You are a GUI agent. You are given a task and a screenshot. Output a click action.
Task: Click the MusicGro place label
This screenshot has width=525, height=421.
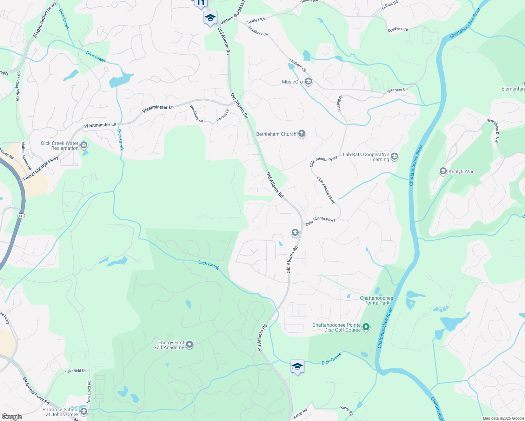(x=292, y=82)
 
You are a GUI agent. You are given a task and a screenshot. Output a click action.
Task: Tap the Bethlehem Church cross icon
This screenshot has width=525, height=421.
(x=302, y=134)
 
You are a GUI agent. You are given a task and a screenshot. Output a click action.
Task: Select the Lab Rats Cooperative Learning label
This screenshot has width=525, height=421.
(x=366, y=157)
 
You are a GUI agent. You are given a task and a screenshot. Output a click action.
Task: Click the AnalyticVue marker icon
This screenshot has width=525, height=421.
(x=443, y=172)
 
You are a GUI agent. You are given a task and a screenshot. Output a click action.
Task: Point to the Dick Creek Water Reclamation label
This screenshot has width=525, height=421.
(x=60, y=146)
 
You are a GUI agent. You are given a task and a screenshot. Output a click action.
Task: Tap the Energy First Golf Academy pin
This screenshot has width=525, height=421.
(x=190, y=345)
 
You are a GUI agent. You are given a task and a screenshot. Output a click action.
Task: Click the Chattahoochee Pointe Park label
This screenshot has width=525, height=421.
(x=377, y=300)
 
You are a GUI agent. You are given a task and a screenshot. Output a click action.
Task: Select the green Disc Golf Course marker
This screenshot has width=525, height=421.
(x=366, y=327)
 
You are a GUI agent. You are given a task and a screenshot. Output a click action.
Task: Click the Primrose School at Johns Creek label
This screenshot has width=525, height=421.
(x=60, y=412)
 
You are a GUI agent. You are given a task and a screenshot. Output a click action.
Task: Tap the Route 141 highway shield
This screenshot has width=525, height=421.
(x=21, y=215)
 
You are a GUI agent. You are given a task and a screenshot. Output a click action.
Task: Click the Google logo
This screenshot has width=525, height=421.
(x=12, y=417)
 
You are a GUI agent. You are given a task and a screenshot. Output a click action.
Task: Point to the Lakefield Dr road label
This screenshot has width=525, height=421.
(x=75, y=371)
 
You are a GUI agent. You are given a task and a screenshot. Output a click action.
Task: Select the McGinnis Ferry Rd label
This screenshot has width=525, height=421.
(x=36, y=390)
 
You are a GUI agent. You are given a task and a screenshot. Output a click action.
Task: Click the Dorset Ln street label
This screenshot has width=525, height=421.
(x=222, y=115)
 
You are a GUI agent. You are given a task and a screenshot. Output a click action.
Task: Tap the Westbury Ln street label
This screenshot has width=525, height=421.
(x=197, y=113)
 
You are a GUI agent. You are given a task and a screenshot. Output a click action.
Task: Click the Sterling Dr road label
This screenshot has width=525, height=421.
(x=339, y=103)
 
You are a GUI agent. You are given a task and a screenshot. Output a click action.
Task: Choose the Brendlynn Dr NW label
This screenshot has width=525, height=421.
(x=493, y=131)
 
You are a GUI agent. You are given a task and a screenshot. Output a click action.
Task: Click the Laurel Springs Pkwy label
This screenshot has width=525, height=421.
(x=41, y=169)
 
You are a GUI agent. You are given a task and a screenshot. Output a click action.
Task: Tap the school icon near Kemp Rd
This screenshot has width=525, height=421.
(x=297, y=367)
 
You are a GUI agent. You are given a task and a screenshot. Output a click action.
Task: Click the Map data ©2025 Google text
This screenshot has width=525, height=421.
(x=503, y=418)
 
